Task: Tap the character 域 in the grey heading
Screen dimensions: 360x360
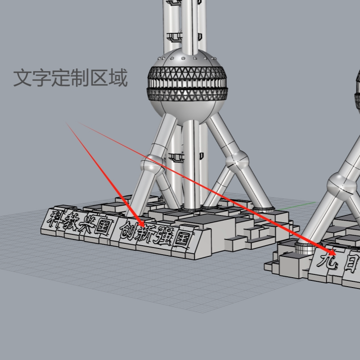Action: pos(118,78)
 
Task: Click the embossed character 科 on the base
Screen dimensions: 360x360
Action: pos(57,219)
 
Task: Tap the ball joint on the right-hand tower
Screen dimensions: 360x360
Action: pos(342,184)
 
